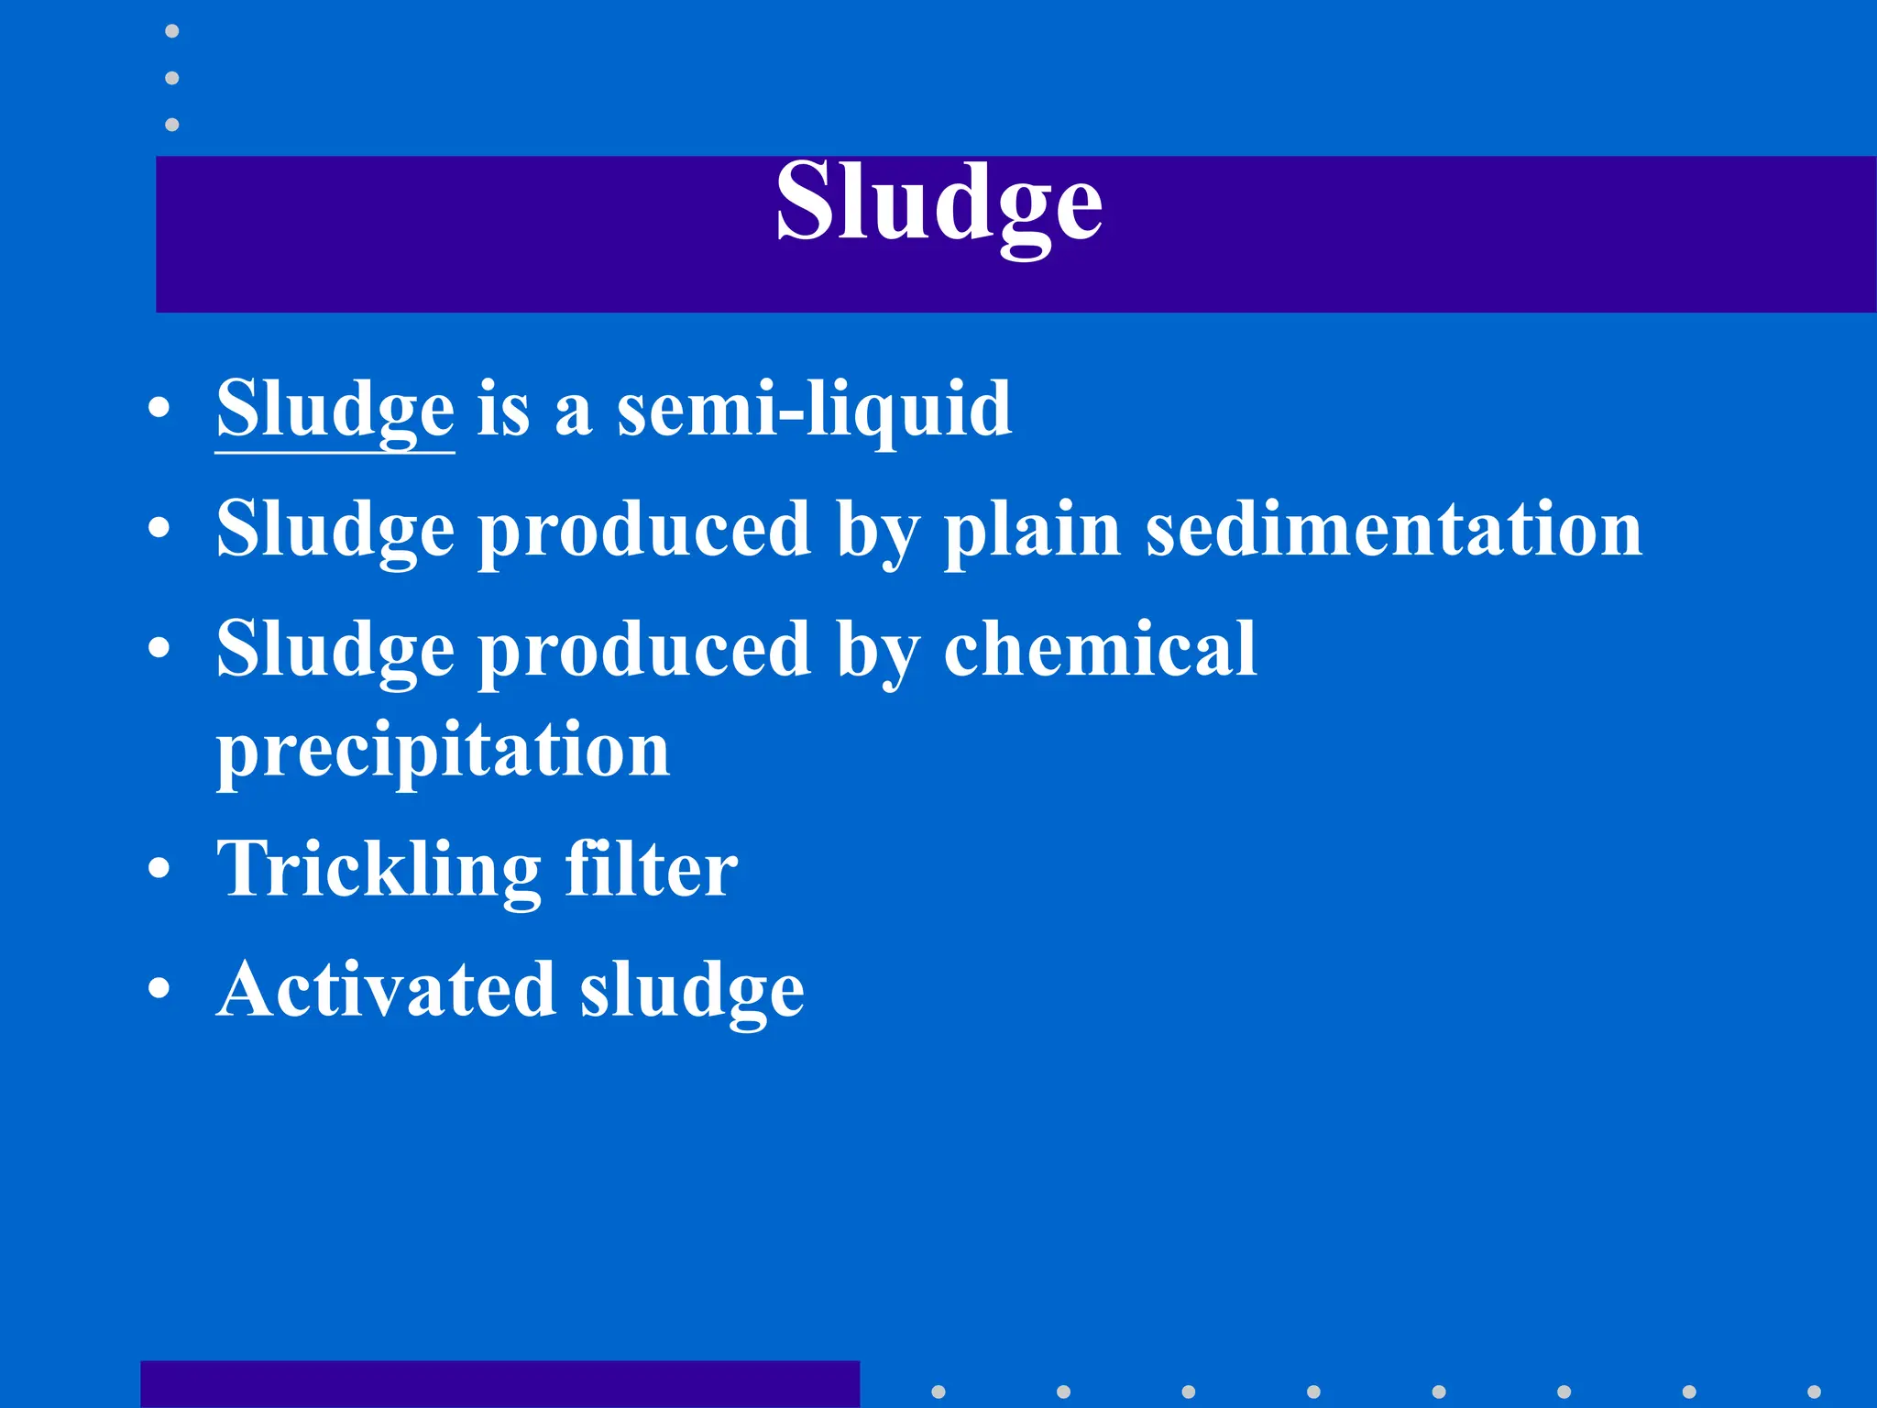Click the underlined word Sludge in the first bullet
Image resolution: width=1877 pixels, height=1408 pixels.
[x=335, y=410]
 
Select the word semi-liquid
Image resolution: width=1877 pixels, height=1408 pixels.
[x=814, y=410]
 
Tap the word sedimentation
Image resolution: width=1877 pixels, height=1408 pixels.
[x=1394, y=530]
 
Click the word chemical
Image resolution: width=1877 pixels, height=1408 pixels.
[x=1100, y=649]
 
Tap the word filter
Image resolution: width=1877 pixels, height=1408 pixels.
[x=651, y=868]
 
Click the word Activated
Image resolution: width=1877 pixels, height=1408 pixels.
[x=386, y=990]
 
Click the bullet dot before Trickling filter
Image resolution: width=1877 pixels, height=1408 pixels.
[x=159, y=869]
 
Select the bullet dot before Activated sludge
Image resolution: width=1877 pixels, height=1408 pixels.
[x=159, y=989]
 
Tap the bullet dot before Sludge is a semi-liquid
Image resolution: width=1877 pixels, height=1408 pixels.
[x=159, y=410]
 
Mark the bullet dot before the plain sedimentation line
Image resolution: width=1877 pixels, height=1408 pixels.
[x=159, y=529]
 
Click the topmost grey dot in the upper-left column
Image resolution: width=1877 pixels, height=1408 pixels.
[x=171, y=31]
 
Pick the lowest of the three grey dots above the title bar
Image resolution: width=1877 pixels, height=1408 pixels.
[x=171, y=124]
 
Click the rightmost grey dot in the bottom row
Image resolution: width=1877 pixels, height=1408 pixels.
[x=1814, y=1391]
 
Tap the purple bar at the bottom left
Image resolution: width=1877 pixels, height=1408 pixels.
[x=499, y=1384]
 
